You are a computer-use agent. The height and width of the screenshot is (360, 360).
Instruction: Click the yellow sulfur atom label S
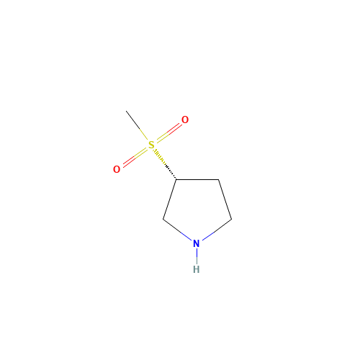pyautogui.click(x=151, y=145)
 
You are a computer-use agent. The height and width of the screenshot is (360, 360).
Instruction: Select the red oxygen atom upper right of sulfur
pyautogui.click(x=185, y=120)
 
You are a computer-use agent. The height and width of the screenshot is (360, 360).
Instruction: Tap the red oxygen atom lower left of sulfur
pyautogui.click(x=117, y=169)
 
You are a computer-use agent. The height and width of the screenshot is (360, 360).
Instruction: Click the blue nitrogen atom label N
pyautogui.click(x=196, y=244)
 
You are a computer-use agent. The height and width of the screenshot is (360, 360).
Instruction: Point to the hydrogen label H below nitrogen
pyautogui.click(x=196, y=269)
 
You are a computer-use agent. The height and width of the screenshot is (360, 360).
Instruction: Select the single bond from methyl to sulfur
pyautogui.click(x=138, y=127)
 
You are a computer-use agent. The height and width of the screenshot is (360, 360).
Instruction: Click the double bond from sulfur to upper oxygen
pyautogui.click(x=168, y=132)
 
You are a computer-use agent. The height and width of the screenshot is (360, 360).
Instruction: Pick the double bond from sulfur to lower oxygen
pyautogui.click(x=134, y=157)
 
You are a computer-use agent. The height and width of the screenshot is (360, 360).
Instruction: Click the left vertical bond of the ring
pyautogui.click(x=170, y=199)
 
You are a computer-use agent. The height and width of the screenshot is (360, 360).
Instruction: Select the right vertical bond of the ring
pyautogui.click(x=224, y=199)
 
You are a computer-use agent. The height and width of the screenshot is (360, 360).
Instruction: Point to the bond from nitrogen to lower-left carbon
pyautogui.click(x=179, y=230)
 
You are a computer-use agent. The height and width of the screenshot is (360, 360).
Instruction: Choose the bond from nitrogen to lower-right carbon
pyautogui.click(x=214, y=230)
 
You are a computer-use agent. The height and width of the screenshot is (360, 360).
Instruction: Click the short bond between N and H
pyautogui.click(x=196, y=256)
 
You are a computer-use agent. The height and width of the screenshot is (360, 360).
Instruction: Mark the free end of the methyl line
pyautogui.click(x=126, y=112)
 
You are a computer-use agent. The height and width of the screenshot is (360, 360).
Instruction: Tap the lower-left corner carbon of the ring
pyautogui.click(x=164, y=219)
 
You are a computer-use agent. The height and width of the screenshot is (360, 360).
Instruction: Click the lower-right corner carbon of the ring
pyautogui.click(x=230, y=219)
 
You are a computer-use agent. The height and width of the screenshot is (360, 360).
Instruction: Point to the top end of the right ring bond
pyautogui.click(x=219, y=181)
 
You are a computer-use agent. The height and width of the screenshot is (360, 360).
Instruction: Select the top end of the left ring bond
pyautogui.click(x=175, y=181)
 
